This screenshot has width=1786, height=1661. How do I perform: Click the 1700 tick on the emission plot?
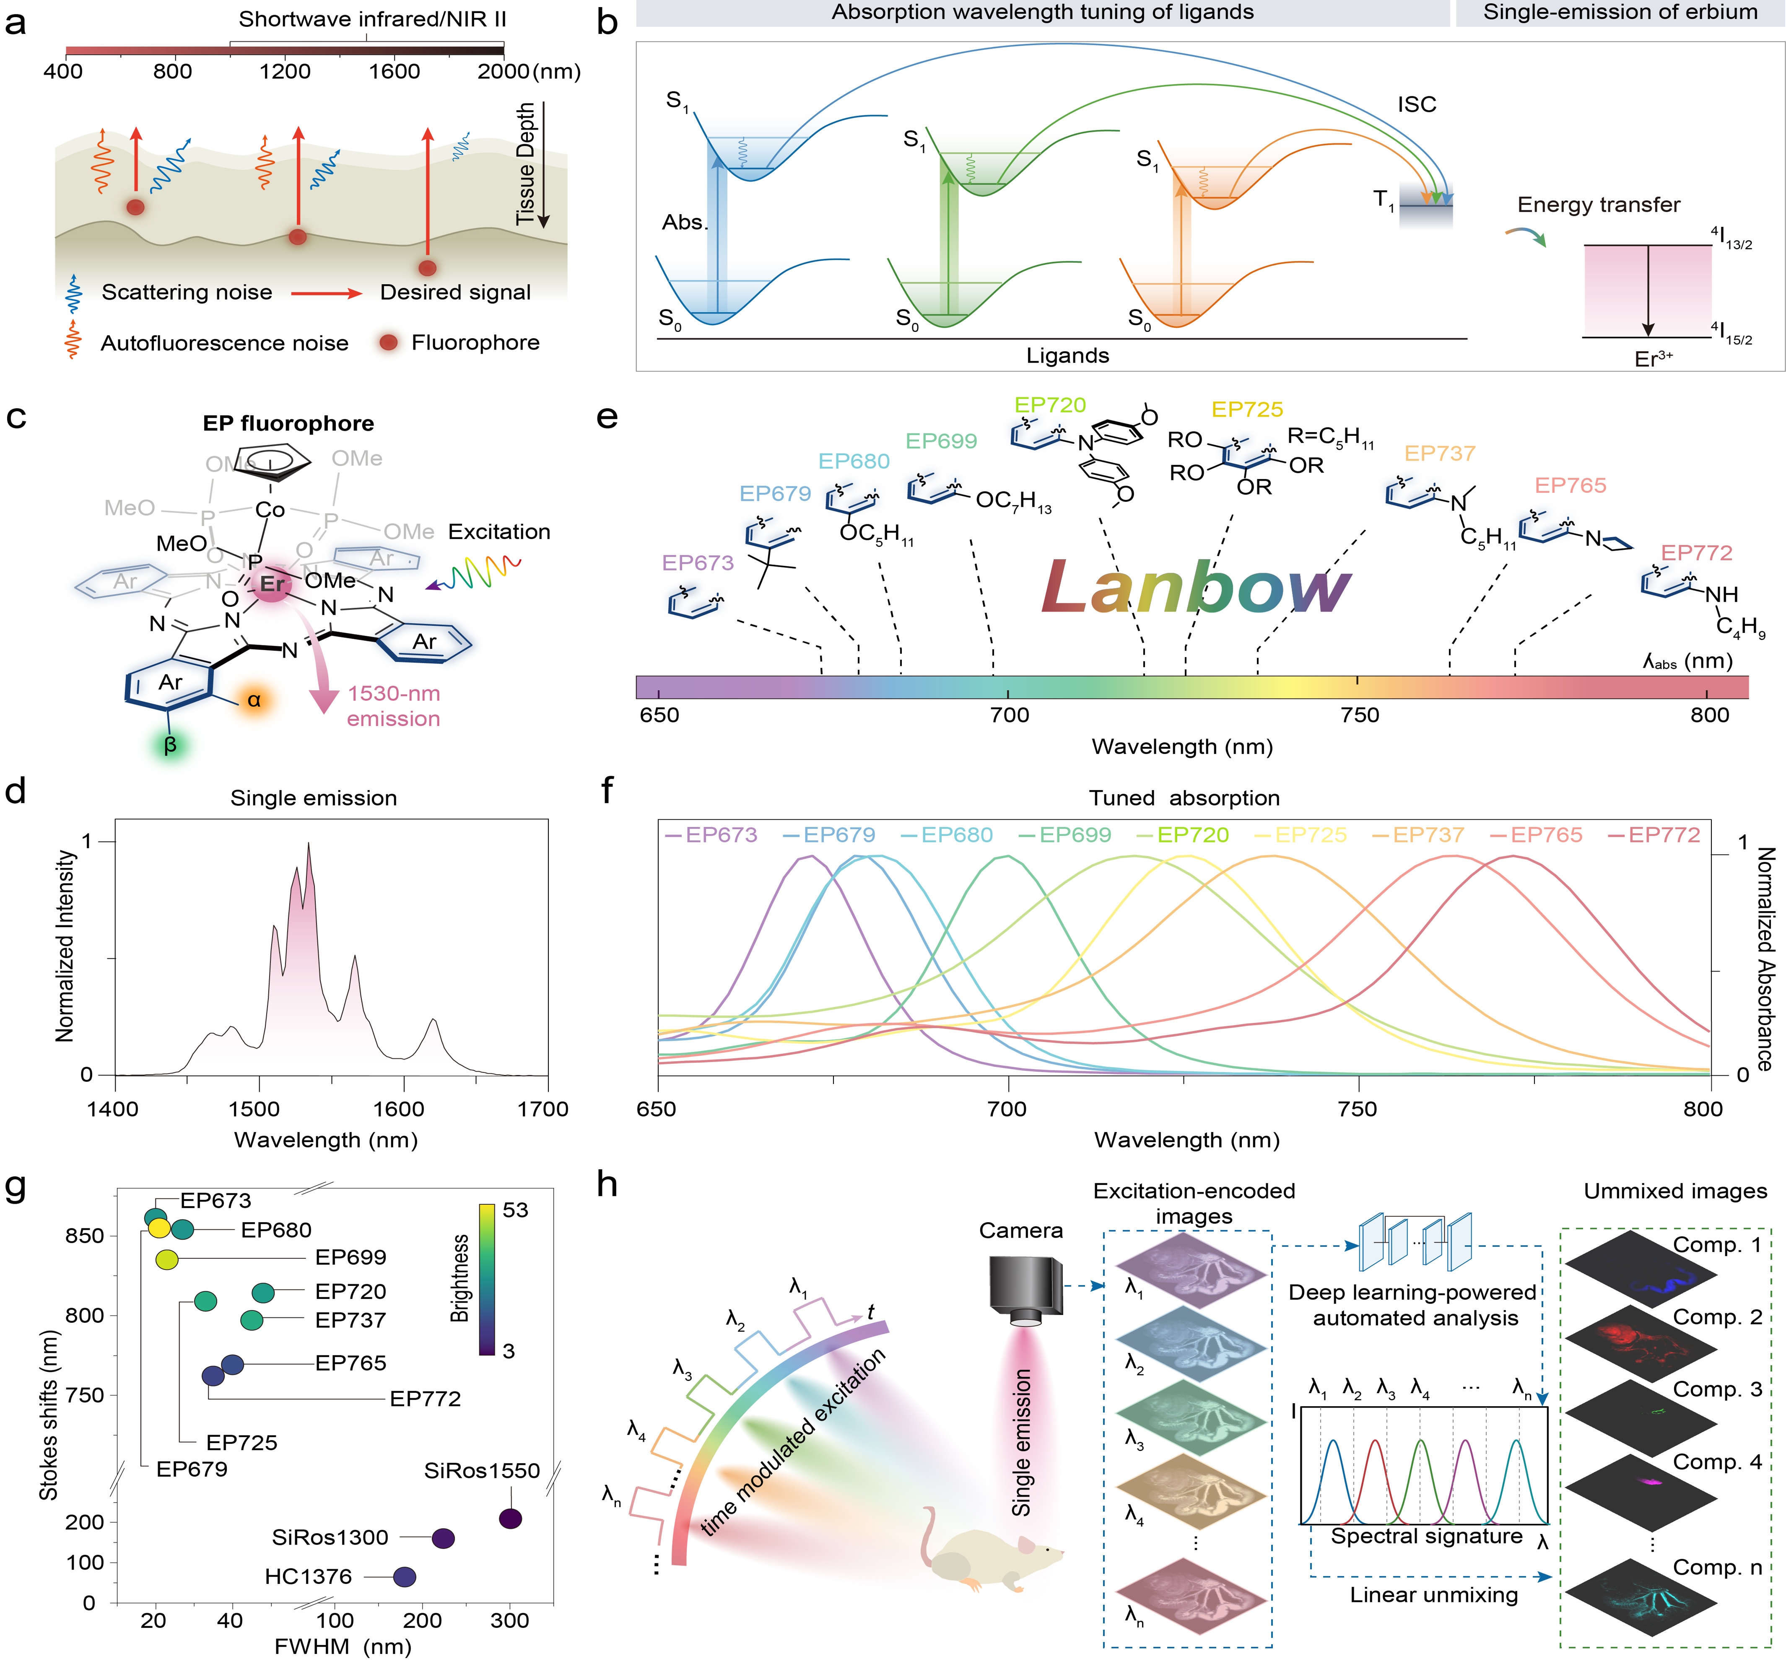tap(543, 1109)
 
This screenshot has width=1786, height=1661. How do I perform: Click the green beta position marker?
tap(170, 745)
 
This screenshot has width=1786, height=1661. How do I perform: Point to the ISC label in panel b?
tap(1417, 104)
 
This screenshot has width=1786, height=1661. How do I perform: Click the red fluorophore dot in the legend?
tap(388, 342)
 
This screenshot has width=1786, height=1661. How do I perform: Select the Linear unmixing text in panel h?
tap(1434, 1594)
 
